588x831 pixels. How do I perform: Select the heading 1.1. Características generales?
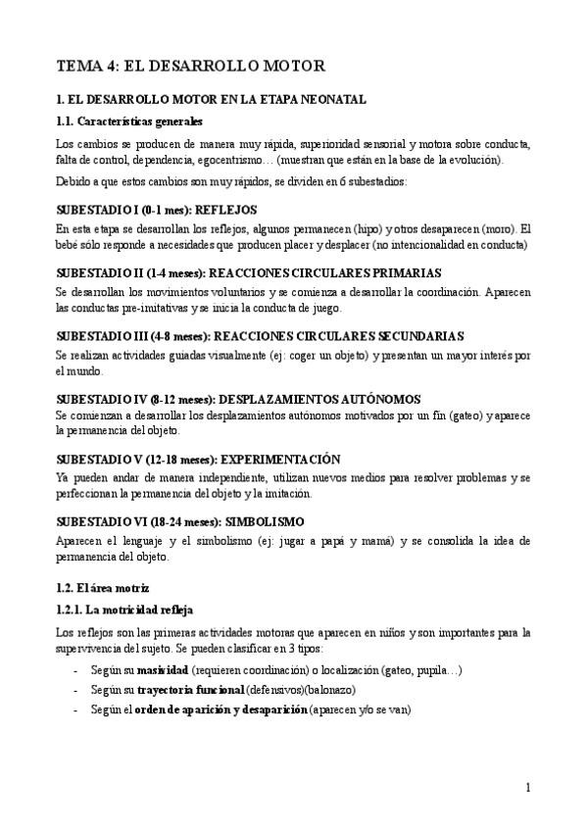[x=129, y=122]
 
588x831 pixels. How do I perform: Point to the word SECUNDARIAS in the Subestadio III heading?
[x=419, y=336]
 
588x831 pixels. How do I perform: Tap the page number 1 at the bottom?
[x=527, y=787]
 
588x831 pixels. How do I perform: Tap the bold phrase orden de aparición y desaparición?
[x=220, y=709]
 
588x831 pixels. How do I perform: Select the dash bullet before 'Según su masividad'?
[x=76, y=670]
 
